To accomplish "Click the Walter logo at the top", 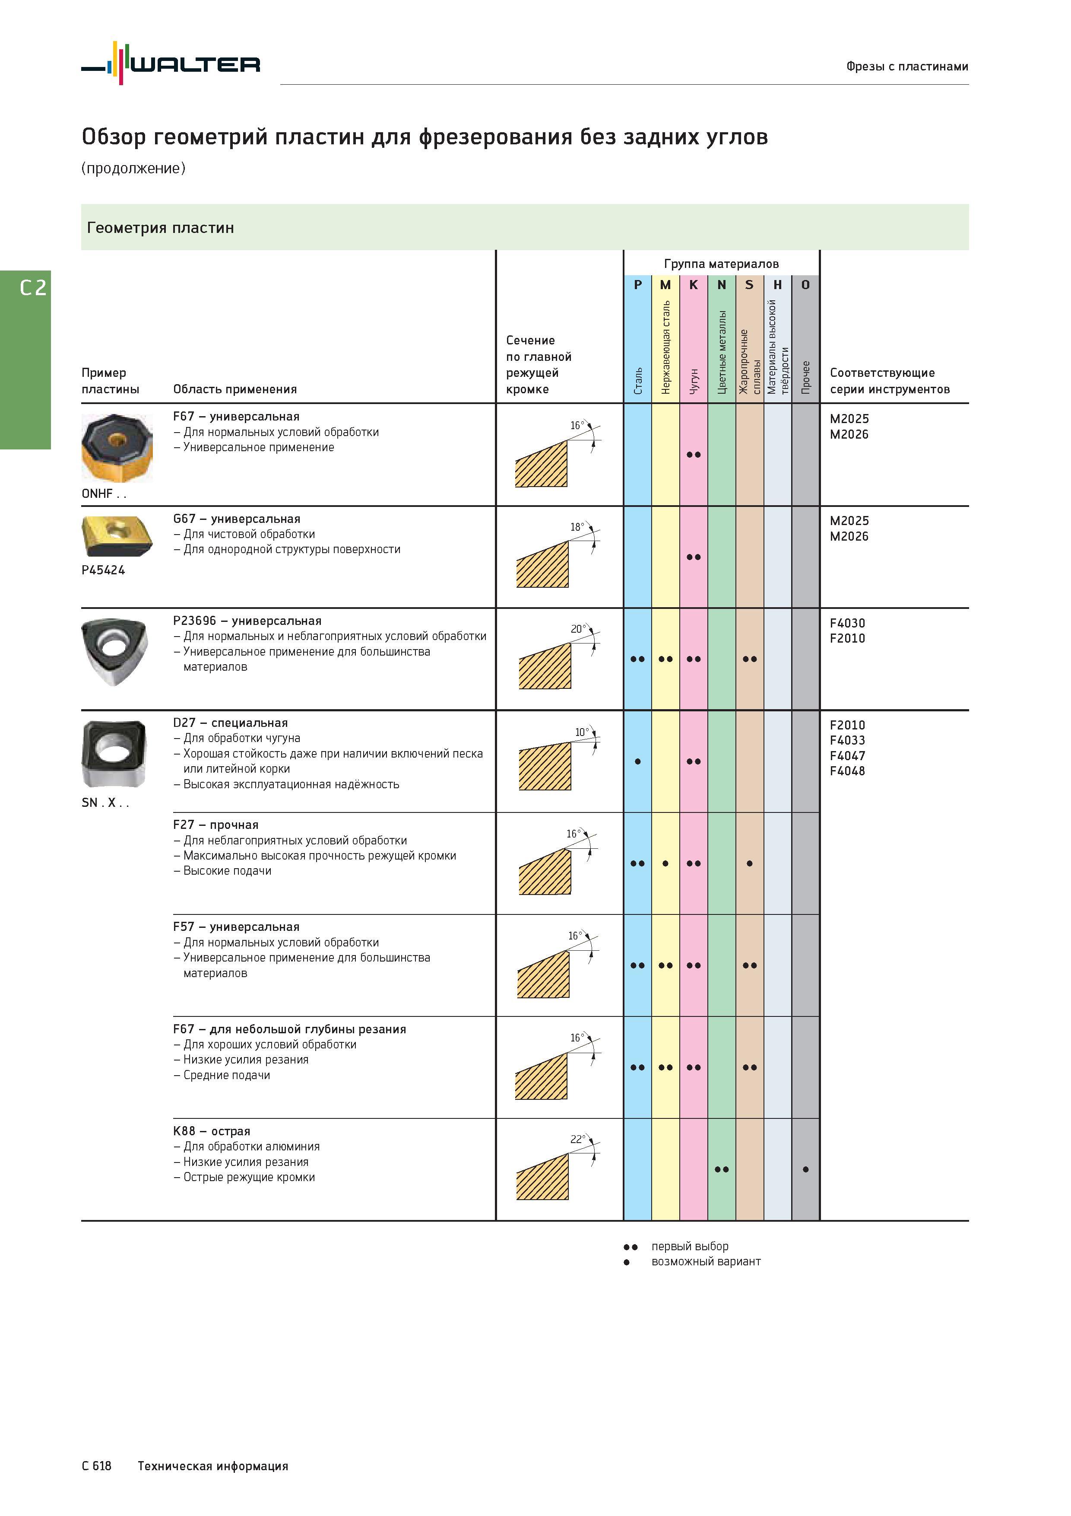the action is (x=170, y=64).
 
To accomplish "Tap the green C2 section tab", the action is (x=25, y=360).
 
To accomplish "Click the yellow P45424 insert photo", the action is (x=117, y=537).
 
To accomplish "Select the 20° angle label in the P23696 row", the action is (x=579, y=629).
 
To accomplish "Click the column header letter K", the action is (x=694, y=285).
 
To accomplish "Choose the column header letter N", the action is (x=722, y=285).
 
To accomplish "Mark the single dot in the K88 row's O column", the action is (x=806, y=1169).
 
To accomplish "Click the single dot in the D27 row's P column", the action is (x=637, y=761).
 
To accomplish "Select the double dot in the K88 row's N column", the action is (x=722, y=1169).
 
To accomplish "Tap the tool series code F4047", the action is (x=847, y=755).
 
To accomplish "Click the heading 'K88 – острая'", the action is (x=212, y=1131).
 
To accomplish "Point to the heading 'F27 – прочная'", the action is (x=216, y=825).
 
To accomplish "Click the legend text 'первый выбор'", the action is (x=690, y=1246).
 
